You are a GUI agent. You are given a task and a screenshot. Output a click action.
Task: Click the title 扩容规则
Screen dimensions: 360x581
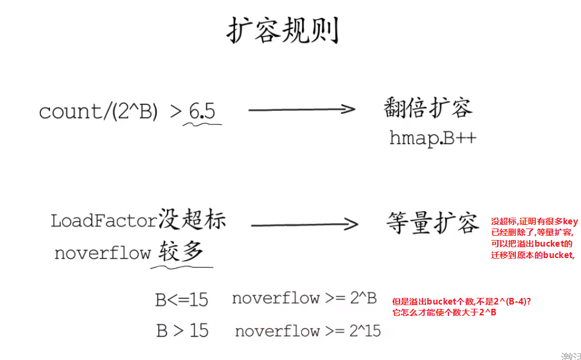(282, 30)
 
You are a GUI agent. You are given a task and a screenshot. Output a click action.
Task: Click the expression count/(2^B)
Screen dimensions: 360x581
(99, 112)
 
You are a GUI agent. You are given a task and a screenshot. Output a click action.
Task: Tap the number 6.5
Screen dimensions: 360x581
(202, 111)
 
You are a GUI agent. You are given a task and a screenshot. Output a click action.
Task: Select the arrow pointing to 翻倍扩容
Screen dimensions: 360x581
(301, 109)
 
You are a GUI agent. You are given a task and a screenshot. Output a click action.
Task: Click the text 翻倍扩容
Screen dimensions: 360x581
(428, 108)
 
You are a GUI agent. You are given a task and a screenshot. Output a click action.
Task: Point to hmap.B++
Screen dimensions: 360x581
(433, 138)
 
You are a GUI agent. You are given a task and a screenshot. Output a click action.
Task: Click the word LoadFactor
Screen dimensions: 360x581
(104, 221)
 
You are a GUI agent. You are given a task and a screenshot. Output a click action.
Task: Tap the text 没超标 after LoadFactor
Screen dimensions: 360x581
(192, 219)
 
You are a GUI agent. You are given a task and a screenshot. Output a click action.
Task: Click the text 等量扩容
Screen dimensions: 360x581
(432, 223)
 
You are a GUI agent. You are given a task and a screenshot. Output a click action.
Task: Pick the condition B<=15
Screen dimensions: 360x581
(181, 299)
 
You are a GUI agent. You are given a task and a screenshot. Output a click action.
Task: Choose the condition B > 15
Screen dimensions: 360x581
(182, 330)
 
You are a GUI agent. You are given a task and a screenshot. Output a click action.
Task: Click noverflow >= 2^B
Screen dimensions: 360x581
(304, 298)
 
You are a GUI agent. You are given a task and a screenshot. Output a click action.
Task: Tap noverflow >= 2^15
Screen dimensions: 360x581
(307, 330)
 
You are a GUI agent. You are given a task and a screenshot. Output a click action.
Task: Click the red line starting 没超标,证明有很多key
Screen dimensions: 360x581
(534, 222)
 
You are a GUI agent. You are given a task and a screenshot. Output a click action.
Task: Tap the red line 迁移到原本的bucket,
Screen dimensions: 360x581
(533, 255)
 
